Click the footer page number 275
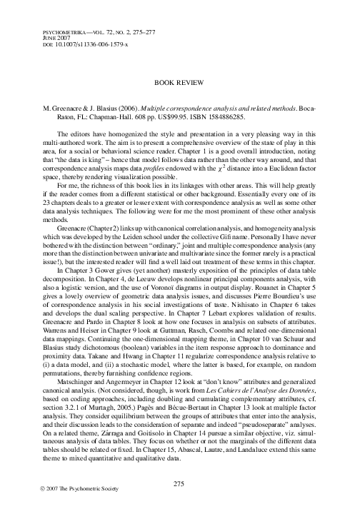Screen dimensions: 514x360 (179, 483)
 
